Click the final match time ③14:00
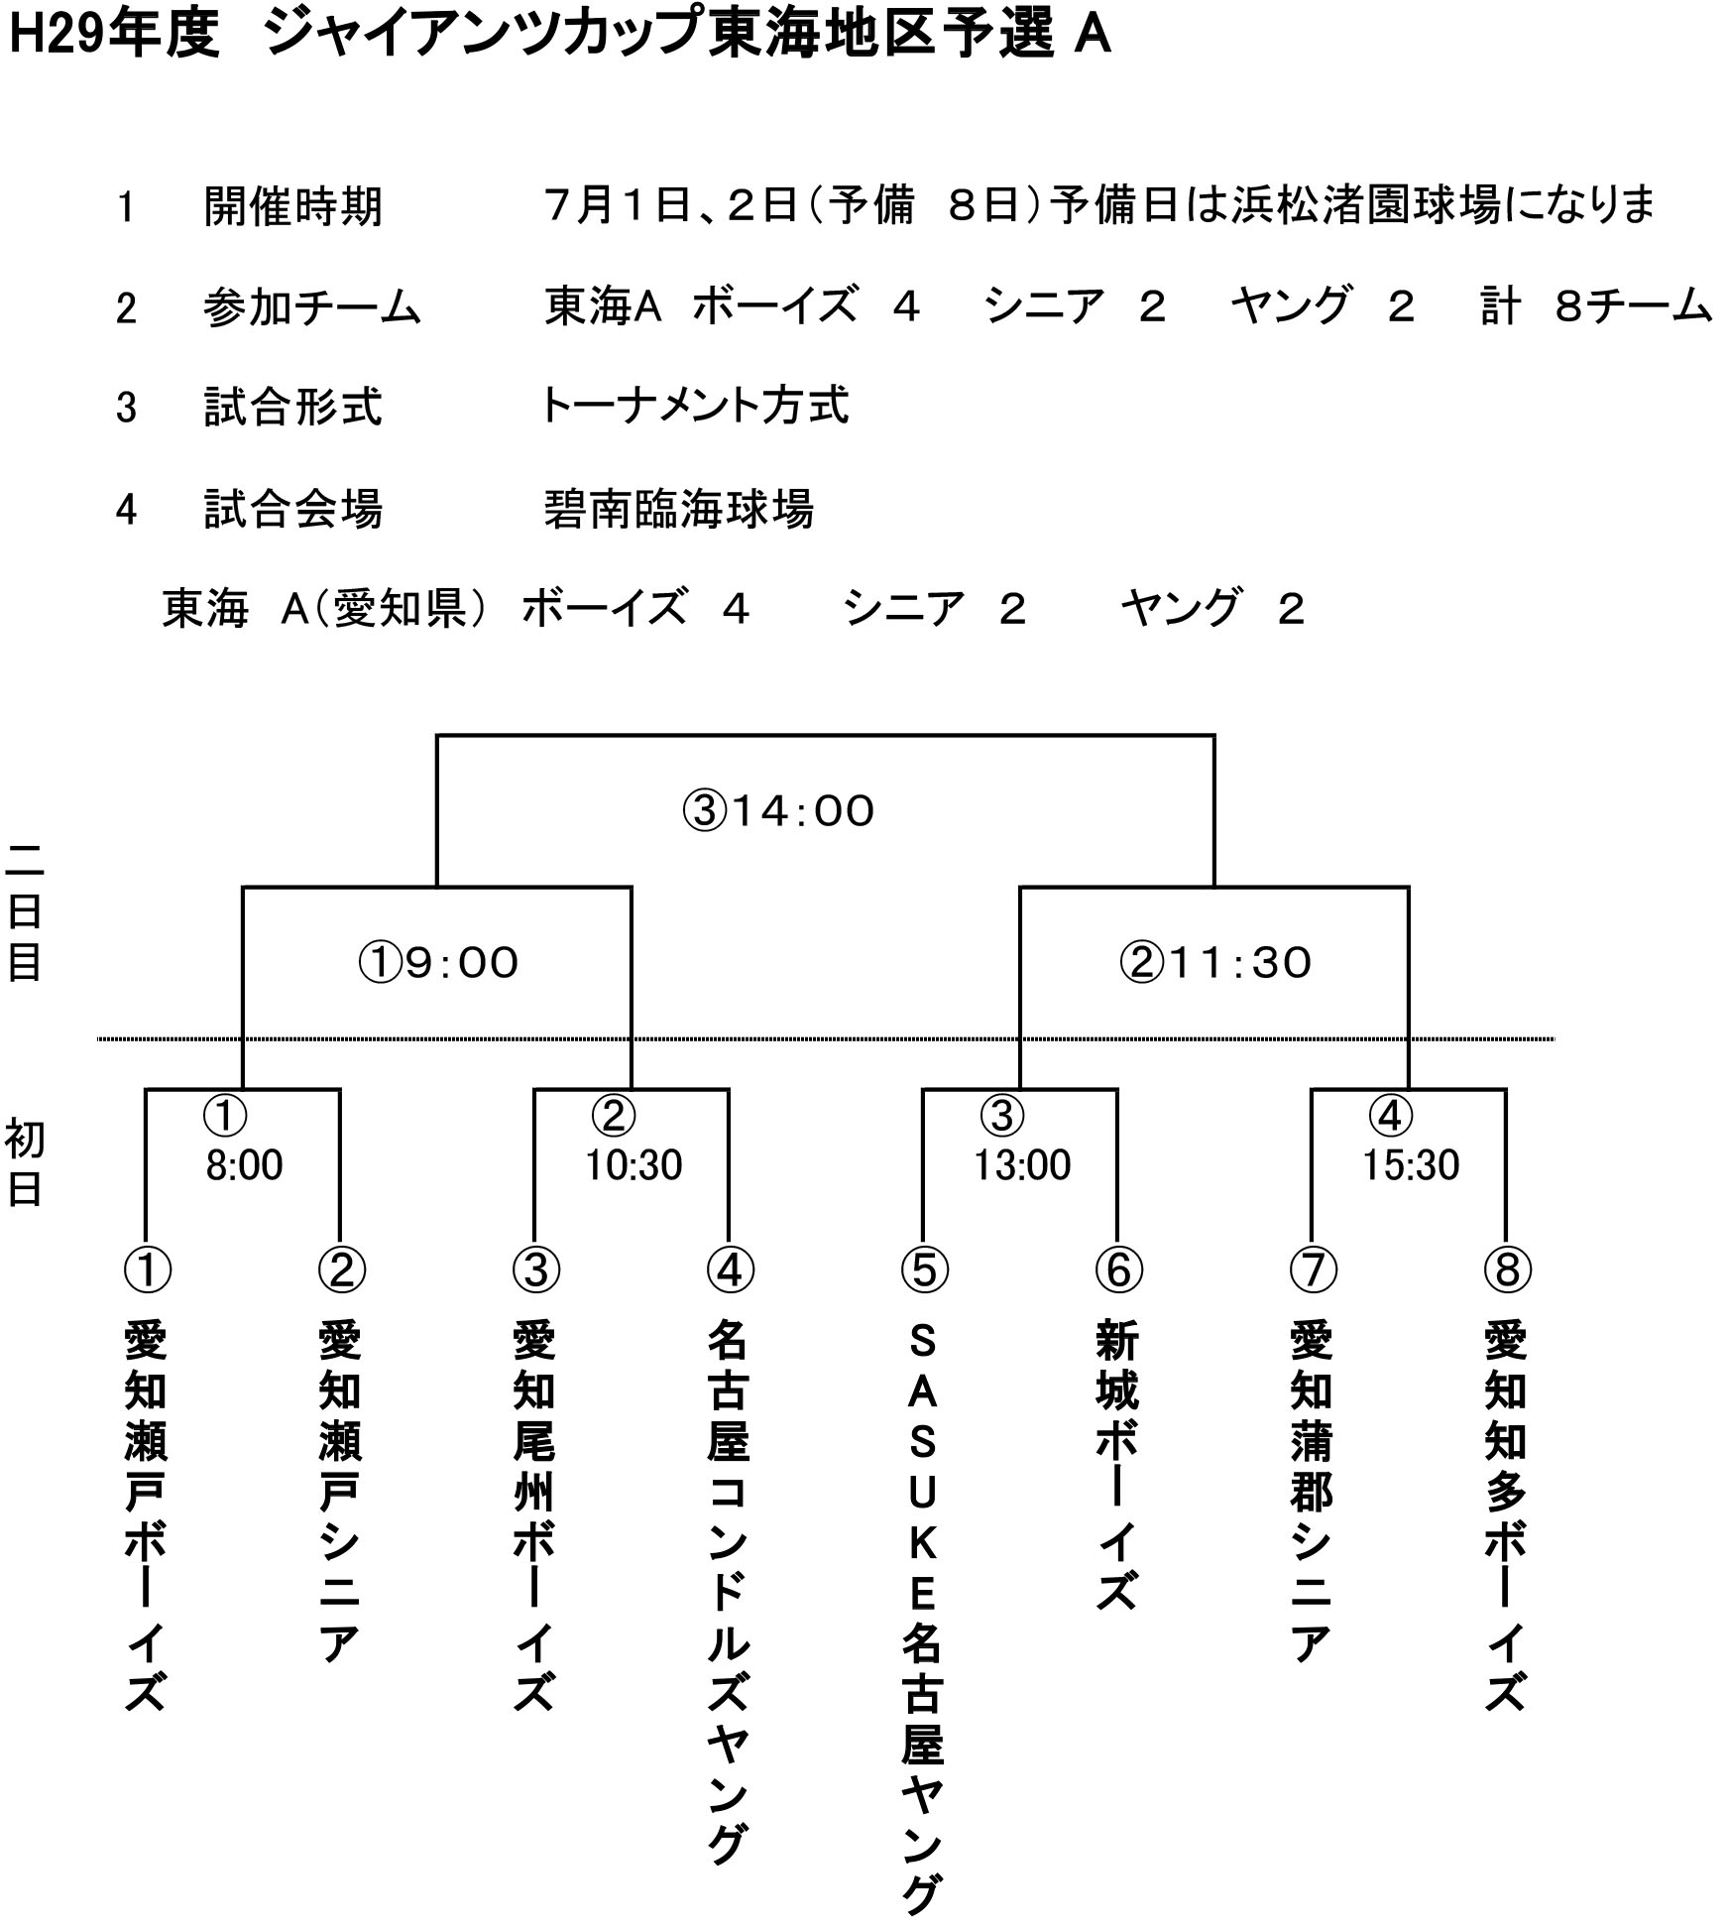[x=778, y=811]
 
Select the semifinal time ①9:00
[x=438, y=963]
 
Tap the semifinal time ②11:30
[x=1215, y=963]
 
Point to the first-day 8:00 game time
[x=244, y=1165]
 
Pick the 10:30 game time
[x=634, y=1165]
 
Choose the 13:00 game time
[x=1022, y=1165]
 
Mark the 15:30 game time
[x=1411, y=1165]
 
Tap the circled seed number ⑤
[x=924, y=1270]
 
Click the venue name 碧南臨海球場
[x=679, y=509]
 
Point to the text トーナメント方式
[x=695, y=406]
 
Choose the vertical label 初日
[x=24, y=1163]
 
